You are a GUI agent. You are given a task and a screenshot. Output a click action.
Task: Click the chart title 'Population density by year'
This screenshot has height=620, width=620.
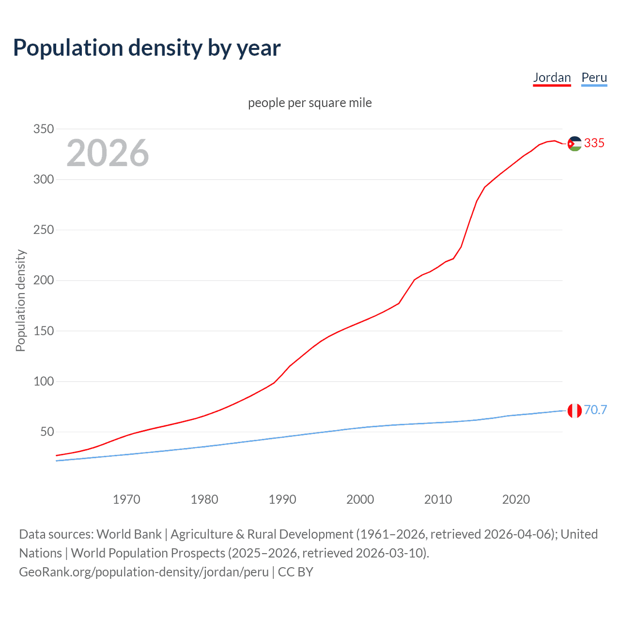(147, 48)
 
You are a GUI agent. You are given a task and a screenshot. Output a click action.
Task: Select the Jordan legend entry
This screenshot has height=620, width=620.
(552, 77)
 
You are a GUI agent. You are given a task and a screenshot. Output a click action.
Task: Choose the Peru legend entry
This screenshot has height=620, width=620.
(594, 77)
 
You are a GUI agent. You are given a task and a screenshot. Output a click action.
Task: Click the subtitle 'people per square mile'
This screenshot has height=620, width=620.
(310, 103)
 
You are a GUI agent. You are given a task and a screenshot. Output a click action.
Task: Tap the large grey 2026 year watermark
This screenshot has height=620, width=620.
(108, 153)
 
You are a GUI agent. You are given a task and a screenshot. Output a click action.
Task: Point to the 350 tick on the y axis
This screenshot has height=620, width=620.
(43, 129)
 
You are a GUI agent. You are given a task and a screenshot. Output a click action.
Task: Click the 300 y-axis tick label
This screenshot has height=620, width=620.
(43, 179)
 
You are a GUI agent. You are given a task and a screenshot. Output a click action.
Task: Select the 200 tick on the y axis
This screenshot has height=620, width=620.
(43, 280)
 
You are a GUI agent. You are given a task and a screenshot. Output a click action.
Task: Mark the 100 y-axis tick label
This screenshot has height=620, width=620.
(43, 381)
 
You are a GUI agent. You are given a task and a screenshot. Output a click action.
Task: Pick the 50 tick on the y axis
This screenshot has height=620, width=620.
(46, 432)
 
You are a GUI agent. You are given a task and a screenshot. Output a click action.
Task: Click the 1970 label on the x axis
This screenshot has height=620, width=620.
(126, 499)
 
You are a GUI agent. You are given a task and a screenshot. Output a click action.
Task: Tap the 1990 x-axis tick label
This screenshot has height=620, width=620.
(282, 499)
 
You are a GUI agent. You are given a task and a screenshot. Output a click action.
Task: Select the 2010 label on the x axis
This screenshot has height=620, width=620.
(438, 499)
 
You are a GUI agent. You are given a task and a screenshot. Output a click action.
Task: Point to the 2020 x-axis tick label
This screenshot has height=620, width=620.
(516, 499)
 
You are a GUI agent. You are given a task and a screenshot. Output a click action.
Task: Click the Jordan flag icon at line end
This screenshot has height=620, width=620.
(574, 143)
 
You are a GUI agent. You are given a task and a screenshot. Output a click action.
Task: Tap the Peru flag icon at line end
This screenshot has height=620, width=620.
(574, 410)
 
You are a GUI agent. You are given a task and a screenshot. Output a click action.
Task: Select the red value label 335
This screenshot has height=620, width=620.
(594, 143)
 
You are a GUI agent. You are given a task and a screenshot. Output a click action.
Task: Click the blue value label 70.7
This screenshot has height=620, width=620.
(595, 410)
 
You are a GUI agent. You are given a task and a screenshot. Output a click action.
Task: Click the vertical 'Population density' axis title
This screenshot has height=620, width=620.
(20, 300)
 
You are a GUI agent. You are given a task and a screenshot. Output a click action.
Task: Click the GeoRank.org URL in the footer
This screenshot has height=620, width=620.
(144, 572)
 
